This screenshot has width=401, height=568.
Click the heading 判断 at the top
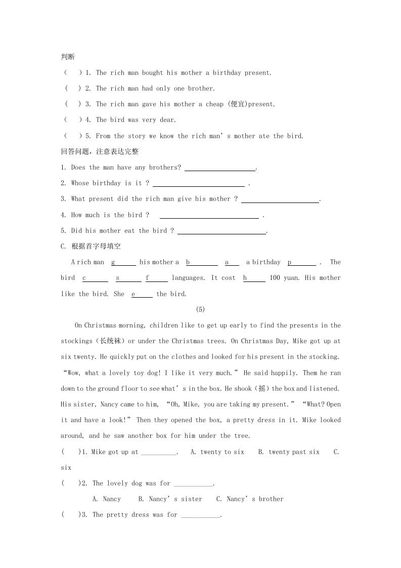click(68, 57)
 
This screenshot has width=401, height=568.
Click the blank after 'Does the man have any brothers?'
click(220, 168)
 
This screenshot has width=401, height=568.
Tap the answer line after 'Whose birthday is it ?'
click(198, 184)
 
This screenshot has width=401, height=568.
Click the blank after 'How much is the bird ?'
click(209, 216)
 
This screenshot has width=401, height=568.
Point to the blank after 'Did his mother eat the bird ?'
click(221, 231)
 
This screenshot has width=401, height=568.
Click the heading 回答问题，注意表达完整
click(99, 151)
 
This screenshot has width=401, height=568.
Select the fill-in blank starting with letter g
click(123, 263)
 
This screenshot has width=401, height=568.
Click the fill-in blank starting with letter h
click(254, 278)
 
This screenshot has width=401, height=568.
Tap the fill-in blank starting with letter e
click(142, 294)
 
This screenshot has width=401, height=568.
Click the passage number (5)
click(200, 310)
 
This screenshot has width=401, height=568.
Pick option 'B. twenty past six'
click(289, 452)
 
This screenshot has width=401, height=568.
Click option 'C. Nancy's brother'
click(250, 499)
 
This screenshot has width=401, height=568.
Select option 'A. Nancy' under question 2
click(107, 499)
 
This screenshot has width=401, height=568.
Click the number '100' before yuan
click(275, 278)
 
